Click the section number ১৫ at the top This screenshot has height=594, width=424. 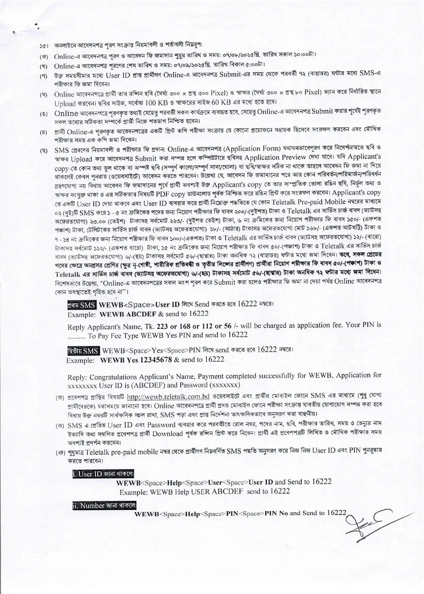pos(43,46)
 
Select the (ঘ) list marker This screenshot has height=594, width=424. pos(44,94)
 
